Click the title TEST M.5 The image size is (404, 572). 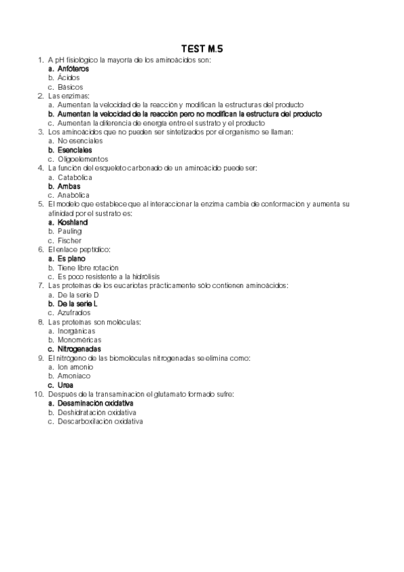pyautogui.click(x=202, y=49)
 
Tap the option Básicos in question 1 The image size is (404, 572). pyautogui.click(x=70, y=87)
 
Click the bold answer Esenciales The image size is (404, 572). pyautogui.click(x=75, y=150)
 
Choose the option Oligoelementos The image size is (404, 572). pyautogui.click(x=83, y=159)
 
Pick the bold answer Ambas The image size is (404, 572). pyautogui.click(x=69, y=186)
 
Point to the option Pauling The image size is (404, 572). pyautogui.click(x=69, y=231)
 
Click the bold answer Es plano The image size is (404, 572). pyautogui.click(x=71, y=258)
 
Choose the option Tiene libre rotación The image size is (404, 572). pyautogui.click(x=88, y=267)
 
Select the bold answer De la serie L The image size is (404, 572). pyautogui.click(x=78, y=304)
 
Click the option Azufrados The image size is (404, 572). pyautogui.click(x=74, y=312)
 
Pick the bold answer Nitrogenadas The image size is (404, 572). pyautogui.click(x=79, y=349)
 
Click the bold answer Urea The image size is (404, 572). pyautogui.click(x=65, y=385)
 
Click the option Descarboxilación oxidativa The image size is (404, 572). pyautogui.click(x=100, y=422)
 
